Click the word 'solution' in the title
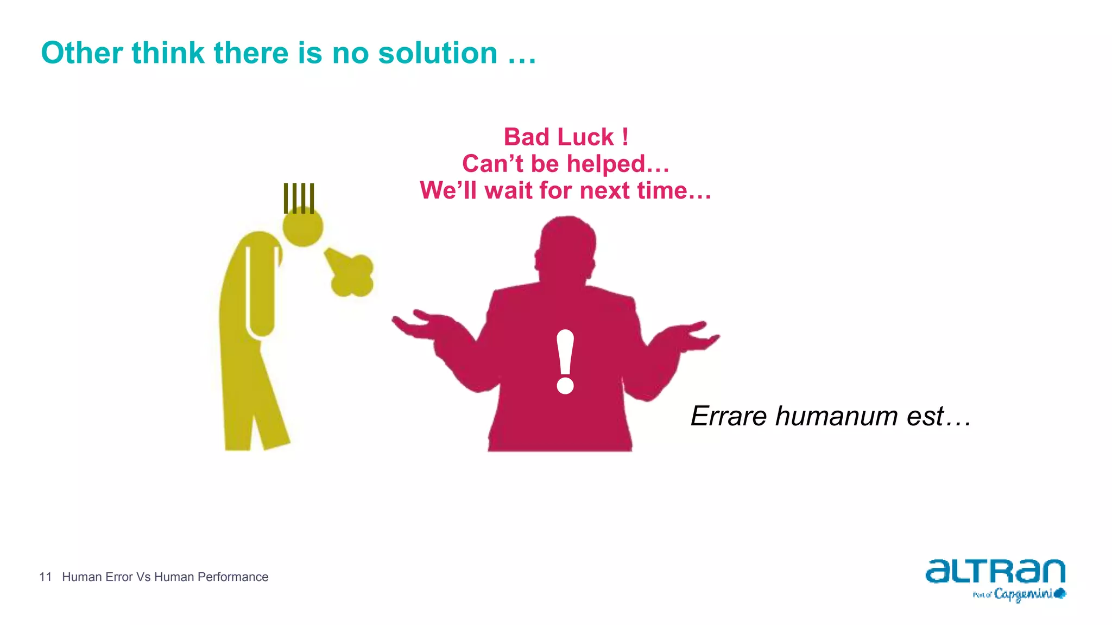pos(438,53)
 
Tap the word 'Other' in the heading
pos(81,53)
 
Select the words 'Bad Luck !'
pos(566,137)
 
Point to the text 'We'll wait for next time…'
pos(566,190)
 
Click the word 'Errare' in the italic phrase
pos(729,416)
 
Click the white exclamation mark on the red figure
pos(565,361)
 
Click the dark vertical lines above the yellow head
pos(299,198)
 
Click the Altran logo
pos(995,571)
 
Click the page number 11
pos(45,577)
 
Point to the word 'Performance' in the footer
pos(233,577)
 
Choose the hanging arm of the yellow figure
pos(261,293)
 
